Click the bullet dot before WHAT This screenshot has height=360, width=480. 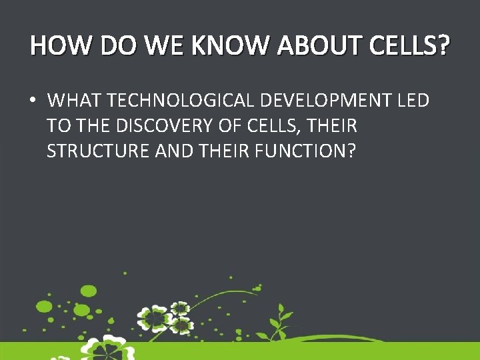coord(32,101)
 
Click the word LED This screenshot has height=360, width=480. coord(413,101)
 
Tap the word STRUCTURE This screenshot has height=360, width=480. coord(98,151)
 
